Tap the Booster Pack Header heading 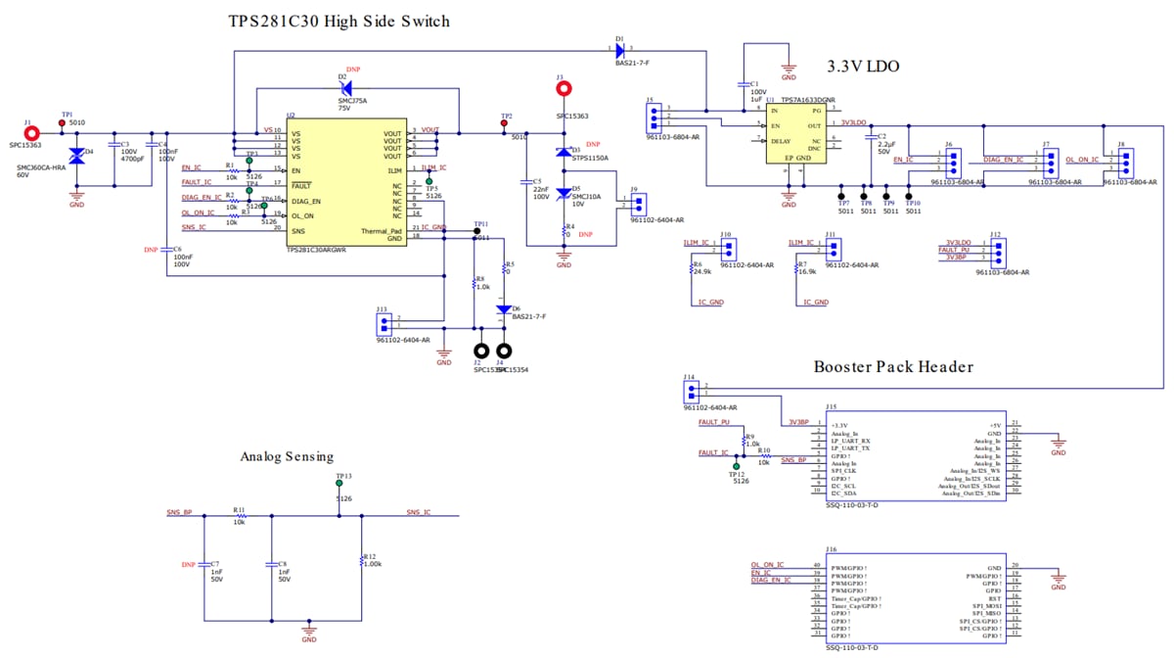pos(893,367)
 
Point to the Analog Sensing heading pos(287,456)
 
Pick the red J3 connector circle pos(564,89)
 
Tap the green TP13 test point pos(339,484)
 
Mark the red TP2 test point pos(505,123)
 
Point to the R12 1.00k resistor pos(362,555)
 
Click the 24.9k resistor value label pos(701,272)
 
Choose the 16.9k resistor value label pos(807,272)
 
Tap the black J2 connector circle pos(481,351)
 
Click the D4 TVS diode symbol pos(77,159)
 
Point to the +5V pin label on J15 pos(996,425)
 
